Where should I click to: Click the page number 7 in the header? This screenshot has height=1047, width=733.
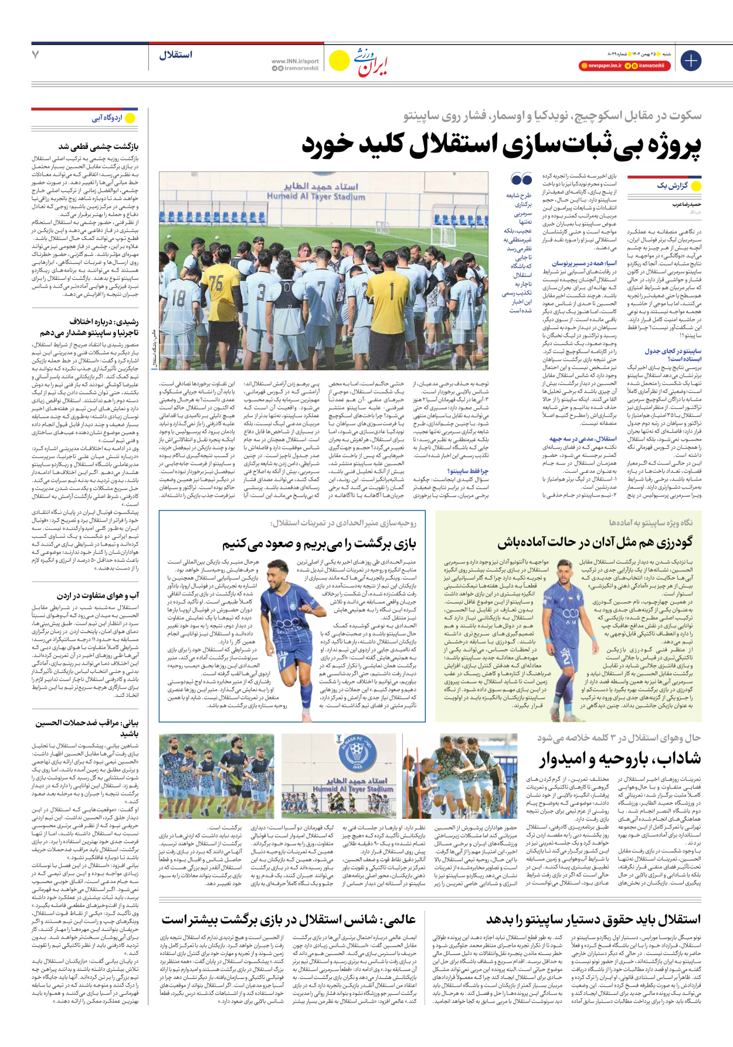pos(35,55)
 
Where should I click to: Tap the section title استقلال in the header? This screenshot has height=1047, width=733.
pos(175,55)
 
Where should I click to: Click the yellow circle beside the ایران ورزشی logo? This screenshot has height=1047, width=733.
pos(339,60)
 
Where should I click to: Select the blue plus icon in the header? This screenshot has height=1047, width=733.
pos(691,60)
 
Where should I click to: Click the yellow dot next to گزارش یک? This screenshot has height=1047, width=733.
pos(697,186)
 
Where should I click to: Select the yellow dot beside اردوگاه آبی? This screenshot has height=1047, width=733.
pos(130,118)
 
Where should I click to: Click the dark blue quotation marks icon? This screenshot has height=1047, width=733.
pos(521,179)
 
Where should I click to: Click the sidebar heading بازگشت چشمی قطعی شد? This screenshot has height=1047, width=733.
pos(98,146)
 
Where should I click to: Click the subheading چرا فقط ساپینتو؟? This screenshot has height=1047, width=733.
pos(467,470)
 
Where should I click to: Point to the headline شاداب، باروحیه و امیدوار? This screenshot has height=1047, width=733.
pos(620,759)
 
